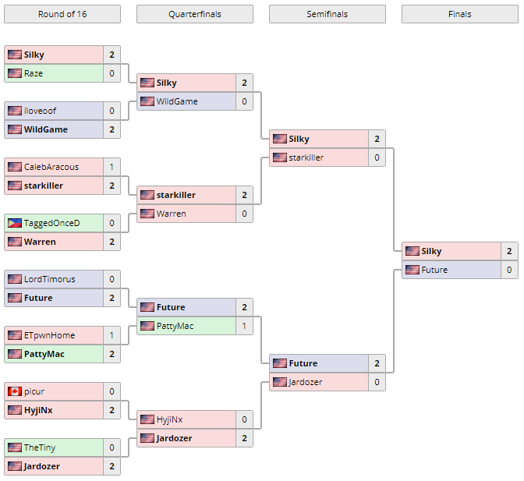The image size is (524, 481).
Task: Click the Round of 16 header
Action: pos(62,14)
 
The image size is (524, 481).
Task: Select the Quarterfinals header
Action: pos(194,14)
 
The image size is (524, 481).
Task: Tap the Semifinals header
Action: pos(327,14)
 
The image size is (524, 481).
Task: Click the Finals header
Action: pos(459,14)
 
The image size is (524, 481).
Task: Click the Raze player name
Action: pos(34,73)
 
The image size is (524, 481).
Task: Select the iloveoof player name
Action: pos(40,111)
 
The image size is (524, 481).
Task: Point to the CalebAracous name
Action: pos(51,167)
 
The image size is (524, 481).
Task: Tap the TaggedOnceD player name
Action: pos(51,223)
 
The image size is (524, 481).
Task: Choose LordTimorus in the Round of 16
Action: pos(49,279)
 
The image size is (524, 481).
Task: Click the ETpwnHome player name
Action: pos(49,335)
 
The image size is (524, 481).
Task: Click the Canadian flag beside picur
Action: pos(14,391)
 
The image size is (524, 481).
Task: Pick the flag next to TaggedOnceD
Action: pos(14,223)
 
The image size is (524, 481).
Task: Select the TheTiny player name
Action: pos(39,447)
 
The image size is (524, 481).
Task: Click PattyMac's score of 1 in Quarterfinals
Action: pos(244,326)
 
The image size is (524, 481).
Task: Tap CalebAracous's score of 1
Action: pos(112,167)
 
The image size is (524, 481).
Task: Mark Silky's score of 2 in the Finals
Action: pos(509,251)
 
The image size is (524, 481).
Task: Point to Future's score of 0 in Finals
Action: pos(509,270)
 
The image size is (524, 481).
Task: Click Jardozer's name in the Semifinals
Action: pos(305,382)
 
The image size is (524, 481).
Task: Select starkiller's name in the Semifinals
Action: pos(306,157)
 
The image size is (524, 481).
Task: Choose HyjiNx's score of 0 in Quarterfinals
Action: pos(244,419)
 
